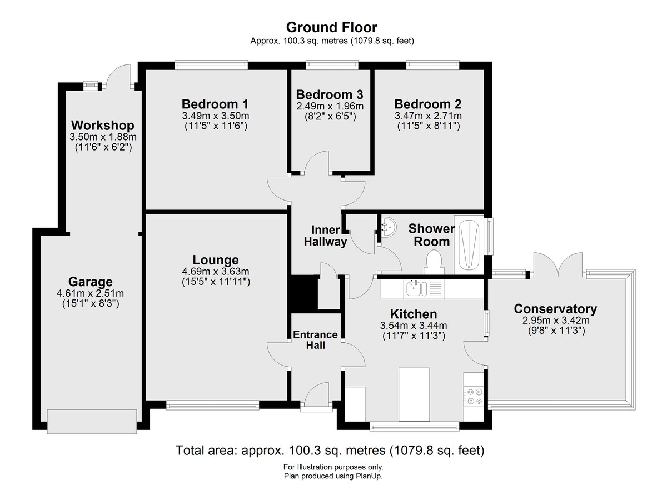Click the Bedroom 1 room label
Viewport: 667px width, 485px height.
(215, 104)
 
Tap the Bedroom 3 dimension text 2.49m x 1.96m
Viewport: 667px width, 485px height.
(330, 106)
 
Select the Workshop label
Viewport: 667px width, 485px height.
(103, 126)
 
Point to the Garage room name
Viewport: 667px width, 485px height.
(90, 282)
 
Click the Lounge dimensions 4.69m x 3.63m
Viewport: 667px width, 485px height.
(216, 271)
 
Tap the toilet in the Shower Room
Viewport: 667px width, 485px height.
(434, 262)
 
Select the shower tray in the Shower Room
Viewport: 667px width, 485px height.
(469, 244)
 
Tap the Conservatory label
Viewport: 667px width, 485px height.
(555, 309)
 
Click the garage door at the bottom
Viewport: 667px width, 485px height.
(92, 421)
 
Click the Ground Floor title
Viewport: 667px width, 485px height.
(332, 27)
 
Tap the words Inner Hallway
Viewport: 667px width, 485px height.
(326, 236)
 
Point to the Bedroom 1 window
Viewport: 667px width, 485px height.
(211, 64)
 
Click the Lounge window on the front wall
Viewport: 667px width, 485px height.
(212, 405)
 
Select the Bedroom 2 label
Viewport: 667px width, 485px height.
(428, 104)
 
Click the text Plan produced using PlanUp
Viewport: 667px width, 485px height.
(333, 476)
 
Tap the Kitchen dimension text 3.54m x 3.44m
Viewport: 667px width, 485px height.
(414, 326)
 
